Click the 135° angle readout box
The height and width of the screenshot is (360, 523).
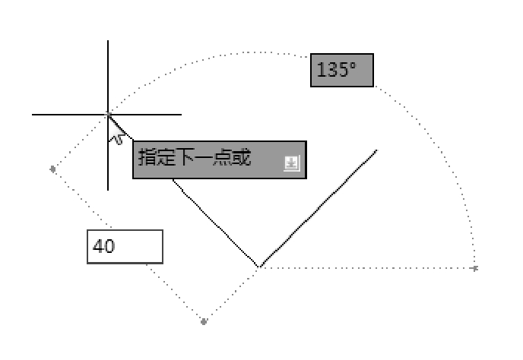pyautogui.click(x=341, y=71)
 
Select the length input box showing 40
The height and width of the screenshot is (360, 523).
pyautogui.click(x=125, y=247)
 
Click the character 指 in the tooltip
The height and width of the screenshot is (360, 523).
pyautogui.click(x=147, y=158)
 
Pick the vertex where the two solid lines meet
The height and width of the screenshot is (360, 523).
pyautogui.click(x=259, y=267)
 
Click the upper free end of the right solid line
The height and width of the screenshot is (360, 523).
pyautogui.click(x=376, y=150)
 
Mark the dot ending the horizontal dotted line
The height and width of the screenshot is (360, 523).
pyautogui.click(x=475, y=268)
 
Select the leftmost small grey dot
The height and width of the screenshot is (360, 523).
pyautogui.click(x=52, y=169)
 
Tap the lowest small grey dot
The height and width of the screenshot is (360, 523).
pyautogui.click(x=204, y=321)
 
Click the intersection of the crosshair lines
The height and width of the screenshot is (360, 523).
pyautogui.click(x=108, y=115)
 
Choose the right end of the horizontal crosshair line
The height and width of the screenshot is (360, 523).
pyautogui.click(x=179, y=115)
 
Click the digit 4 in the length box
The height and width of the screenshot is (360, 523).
pyautogui.click(x=98, y=247)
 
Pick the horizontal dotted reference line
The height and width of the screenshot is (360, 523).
pyautogui.click(x=365, y=268)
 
